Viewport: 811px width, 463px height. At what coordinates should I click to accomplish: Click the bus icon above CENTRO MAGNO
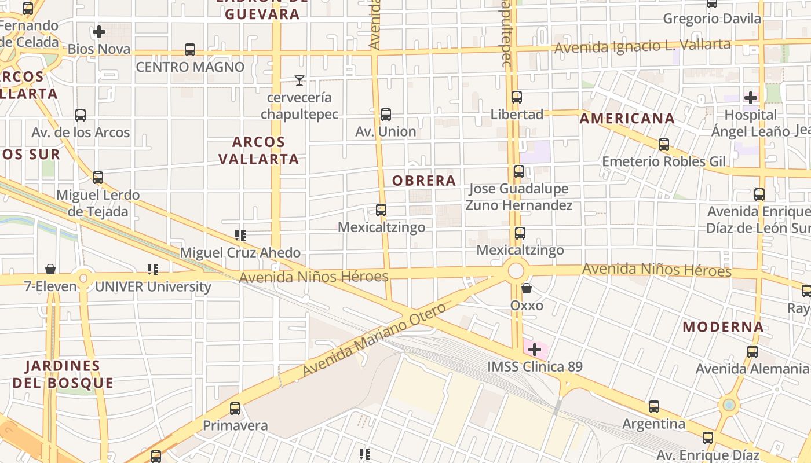coord(190,50)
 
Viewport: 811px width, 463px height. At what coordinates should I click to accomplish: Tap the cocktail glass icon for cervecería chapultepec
coord(299,80)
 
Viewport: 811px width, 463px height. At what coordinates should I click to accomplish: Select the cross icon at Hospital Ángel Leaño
coord(751,97)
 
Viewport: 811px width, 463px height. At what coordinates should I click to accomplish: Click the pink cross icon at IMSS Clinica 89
coord(535,350)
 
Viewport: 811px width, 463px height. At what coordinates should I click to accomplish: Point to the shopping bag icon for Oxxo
coord(527,288)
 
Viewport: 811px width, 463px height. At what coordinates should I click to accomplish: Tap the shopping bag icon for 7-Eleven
coord(50,269)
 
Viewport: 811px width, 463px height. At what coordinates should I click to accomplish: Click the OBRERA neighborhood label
coord(424,181)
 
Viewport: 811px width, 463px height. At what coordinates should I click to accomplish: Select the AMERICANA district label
coord(627,119)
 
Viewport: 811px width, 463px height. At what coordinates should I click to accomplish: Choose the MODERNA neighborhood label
coord(723,327)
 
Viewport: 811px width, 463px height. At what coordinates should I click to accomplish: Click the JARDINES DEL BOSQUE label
coord(63,374)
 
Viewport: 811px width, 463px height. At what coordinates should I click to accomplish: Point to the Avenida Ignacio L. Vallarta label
coord(642,46)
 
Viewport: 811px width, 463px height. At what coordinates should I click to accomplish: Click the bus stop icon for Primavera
coord(235,409)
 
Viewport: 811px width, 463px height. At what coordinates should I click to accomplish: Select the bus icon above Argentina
coord(654,407)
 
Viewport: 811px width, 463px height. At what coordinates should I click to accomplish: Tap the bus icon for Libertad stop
coord(517,97)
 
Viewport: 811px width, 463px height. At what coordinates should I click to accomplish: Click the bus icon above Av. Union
coord(386,115)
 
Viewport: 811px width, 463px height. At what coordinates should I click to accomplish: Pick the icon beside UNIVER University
coord(153,269)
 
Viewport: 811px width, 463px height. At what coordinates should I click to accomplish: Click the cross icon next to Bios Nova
coord(99,31)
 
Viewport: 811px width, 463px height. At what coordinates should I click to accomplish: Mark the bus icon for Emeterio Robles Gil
coord(664,145)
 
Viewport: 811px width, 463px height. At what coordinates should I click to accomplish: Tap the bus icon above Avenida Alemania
coord(752,351)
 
